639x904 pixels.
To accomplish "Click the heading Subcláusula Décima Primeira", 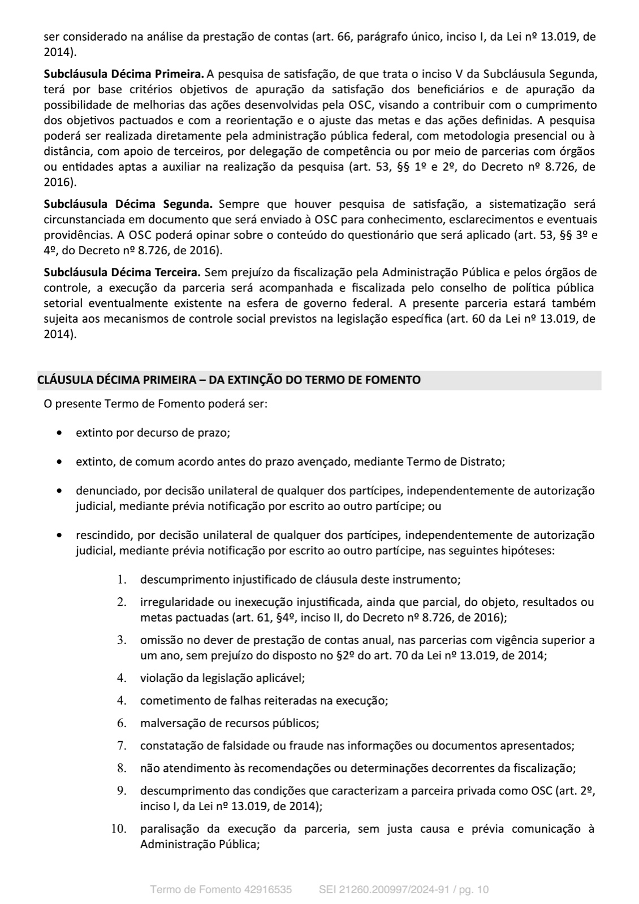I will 124,73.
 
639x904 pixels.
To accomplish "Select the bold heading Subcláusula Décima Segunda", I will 128,203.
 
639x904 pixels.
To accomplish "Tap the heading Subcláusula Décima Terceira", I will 122,272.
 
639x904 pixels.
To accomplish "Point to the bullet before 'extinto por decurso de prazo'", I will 60,433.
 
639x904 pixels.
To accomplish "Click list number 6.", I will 121,723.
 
